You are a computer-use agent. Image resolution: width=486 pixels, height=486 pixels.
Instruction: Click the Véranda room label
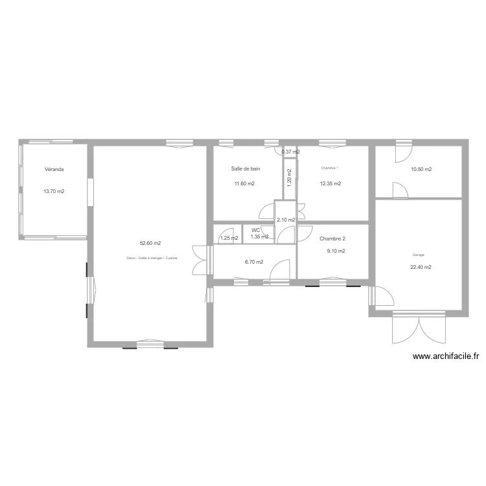tap(54, 169)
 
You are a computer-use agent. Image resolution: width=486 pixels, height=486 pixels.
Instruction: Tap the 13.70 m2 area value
tap(54, 191)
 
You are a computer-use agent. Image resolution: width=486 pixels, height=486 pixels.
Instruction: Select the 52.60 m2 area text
tap(150, 244)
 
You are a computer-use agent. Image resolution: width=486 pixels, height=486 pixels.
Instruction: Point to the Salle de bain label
tap(246, 168)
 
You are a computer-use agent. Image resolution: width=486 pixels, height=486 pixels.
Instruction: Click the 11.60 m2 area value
tap(244, 183)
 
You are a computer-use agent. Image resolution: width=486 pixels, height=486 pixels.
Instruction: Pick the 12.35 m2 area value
tap(330, 183)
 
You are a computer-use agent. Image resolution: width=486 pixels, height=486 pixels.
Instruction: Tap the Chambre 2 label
tap(332, 238)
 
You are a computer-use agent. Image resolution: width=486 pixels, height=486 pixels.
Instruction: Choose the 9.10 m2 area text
tap(336, 251)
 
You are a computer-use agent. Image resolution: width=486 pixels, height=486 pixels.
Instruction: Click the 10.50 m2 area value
tap(421, 170)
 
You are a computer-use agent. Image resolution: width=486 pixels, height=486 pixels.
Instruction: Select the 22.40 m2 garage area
tap(421, 267)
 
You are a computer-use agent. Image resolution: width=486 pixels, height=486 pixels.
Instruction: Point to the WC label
tap(256, 230)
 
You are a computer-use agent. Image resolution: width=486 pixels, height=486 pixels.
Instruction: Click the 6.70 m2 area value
tap(254, 262)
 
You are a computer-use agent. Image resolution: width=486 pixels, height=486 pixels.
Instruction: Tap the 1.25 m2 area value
tap(229, 238)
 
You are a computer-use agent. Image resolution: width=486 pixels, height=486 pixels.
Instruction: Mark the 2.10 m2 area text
tap(286, 220)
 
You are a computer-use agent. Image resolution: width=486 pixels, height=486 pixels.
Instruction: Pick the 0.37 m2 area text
tap(290, 152)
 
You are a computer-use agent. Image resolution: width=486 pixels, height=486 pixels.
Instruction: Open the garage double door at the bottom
tap(419, 329)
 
